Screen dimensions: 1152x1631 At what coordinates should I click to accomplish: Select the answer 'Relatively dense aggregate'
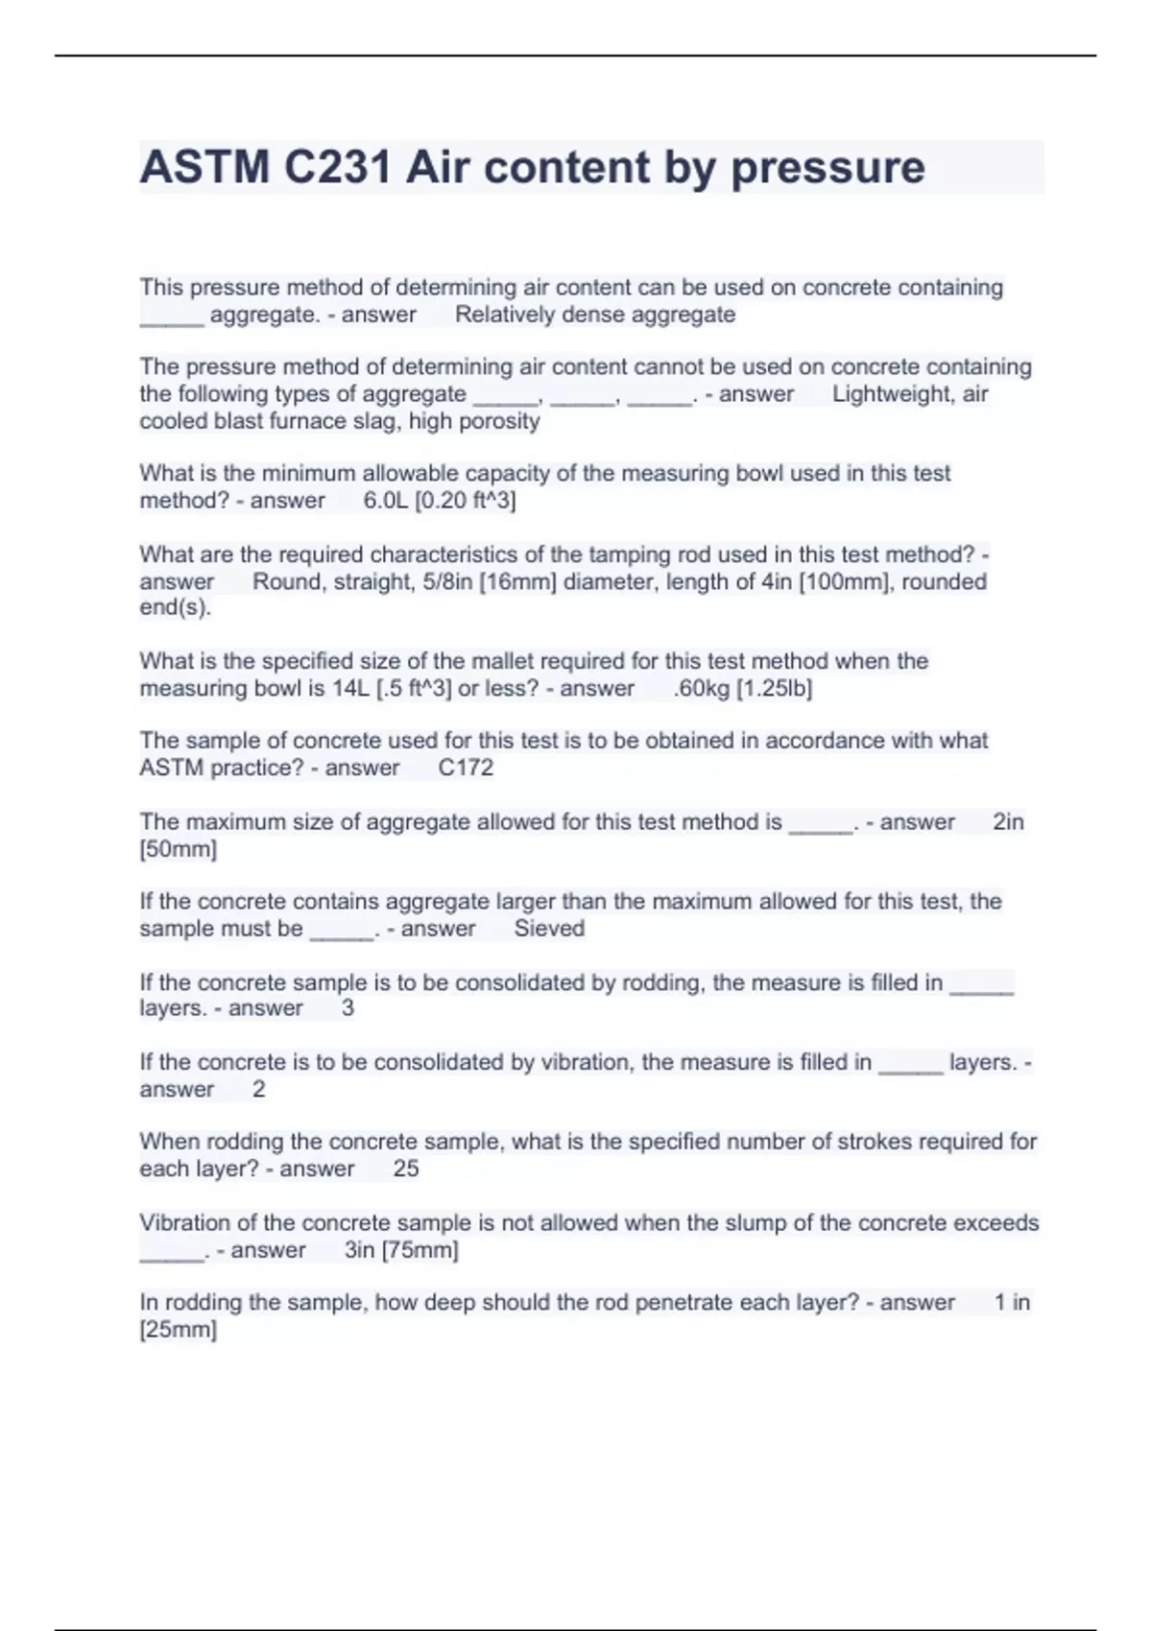pyautogui.click(x=595, y=315)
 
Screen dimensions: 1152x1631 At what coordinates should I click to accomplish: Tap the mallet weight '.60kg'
pyautogui.click(x=702, y=689)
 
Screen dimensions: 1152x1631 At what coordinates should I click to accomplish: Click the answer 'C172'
pyautogui.click(x=466, y=768)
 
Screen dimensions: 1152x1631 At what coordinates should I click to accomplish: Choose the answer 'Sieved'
pyautogui.click(x=549, y=929)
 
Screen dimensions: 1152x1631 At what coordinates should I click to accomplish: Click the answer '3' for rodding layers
pyautogui.click(x=348, y=1008)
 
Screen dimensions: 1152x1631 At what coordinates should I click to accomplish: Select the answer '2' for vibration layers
pyautogui.click(x=258, y=1090)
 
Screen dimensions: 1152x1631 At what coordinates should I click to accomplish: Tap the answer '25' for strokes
pyautogui.click(x=406, y=1170)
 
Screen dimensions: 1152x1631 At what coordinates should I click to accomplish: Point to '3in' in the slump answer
pyautogui.click(x=359, y=1251)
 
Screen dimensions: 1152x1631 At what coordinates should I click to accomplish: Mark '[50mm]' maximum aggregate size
pyautogui.click(x=179, y=850)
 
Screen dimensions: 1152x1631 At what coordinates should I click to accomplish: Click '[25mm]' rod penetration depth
pyautogui.click(x=179, y=1331)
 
